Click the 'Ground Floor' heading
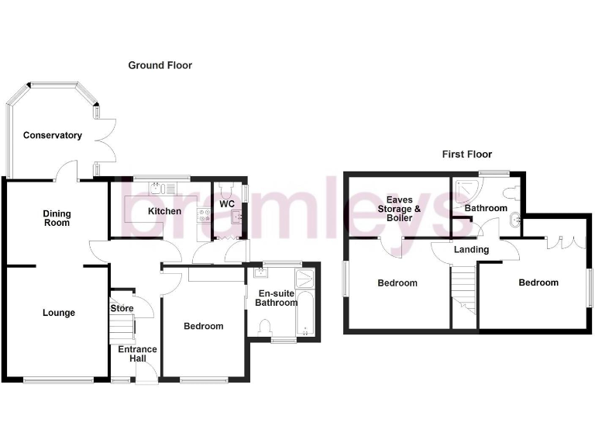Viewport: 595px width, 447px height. tap(160, 66)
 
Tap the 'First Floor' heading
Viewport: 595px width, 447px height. tap(466, 154)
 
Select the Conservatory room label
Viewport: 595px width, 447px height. tap(52, 136)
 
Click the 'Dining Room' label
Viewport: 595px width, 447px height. tap(56, 217)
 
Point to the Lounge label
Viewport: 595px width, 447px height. tap(59, 313)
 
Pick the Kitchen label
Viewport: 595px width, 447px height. tap(164, 211)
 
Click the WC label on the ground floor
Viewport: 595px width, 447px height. tap(227, 204)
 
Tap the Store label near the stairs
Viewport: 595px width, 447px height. tap(122, 309)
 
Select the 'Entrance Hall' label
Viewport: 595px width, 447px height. tap(137, 354)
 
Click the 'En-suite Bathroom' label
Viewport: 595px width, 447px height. tap(277, 298)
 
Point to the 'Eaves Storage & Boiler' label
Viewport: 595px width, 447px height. tap(399, 209)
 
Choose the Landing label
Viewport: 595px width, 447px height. tap(471, 250)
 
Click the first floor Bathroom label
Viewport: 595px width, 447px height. tap(486, 208)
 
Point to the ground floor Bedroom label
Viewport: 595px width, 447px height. tap(203, 327)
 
